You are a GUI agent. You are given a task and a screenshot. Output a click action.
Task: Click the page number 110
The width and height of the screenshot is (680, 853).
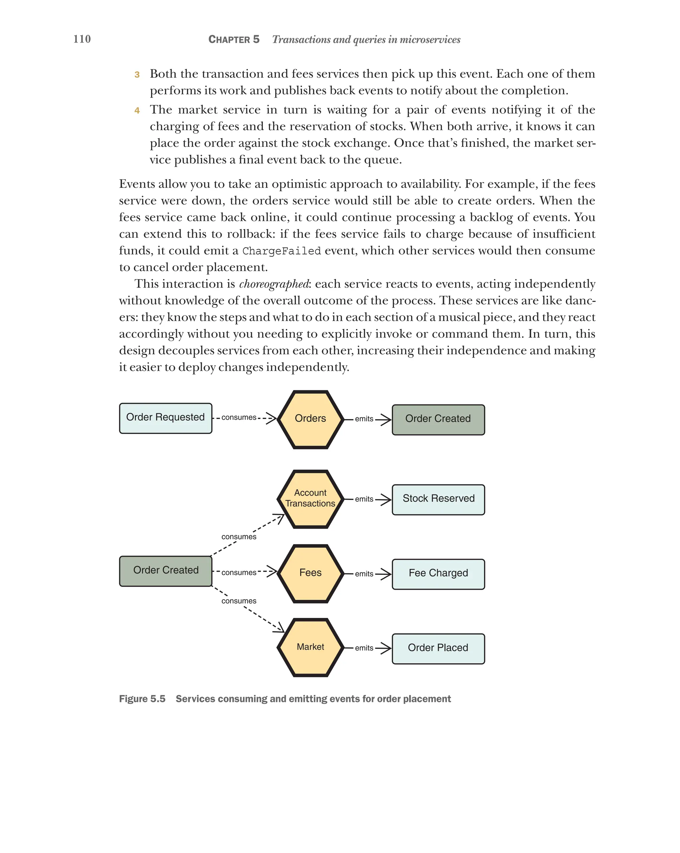[x=82, y=39]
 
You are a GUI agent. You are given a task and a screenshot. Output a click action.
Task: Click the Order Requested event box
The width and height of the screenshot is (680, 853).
[x=165, y=418]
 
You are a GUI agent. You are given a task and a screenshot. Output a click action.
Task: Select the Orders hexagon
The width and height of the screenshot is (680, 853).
[x=310, y=419]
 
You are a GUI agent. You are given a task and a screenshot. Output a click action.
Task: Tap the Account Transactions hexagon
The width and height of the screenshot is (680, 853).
[x=310, y=498]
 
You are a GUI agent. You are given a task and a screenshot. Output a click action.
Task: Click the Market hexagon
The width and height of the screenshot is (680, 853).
[x=310, y=647]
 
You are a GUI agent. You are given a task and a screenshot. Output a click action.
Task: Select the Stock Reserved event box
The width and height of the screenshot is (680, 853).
[x=438, y=499]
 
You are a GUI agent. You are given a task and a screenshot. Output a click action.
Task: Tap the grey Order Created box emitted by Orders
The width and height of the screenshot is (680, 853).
[x=438, y=419]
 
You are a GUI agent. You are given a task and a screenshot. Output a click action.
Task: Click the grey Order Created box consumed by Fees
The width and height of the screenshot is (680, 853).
[x=165, y=570]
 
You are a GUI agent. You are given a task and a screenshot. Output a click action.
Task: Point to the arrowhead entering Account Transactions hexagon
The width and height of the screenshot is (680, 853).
[x=281, y=517]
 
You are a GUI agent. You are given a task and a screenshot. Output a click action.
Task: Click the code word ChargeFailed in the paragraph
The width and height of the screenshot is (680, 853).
[x=281, y=251]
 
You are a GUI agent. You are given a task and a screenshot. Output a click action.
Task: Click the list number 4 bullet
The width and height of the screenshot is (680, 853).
[x=137, y=110]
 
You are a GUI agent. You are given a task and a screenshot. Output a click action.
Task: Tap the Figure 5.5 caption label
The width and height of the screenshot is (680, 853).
[x=142, y=699]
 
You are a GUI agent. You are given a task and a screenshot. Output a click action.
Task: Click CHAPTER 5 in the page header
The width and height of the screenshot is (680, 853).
[x=234, y=39]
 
